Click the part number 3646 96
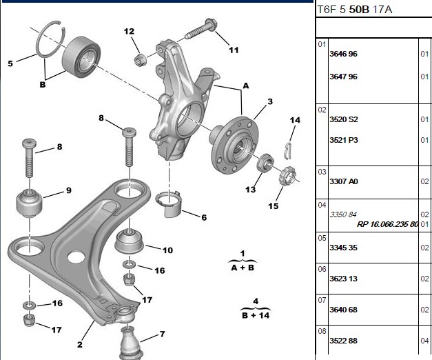pyautogui.click(x=343, y=54)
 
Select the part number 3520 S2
pyautogui.click(x=344, y=119)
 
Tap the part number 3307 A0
pyautogui.click(x=344, y=181)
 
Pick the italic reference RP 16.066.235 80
pyautogui.click(x=388, y=224)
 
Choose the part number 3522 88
pyautogui.click(x=343, y=341)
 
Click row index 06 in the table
pyautogui.click(x=322, y=269)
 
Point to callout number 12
pyautogui.click(x=129, y=31)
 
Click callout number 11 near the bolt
pyautogui.click(x=234, y=50)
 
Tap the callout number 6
pyautogui.click(x=204, y=217)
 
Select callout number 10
pyautogui.click(x=167, y=250)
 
